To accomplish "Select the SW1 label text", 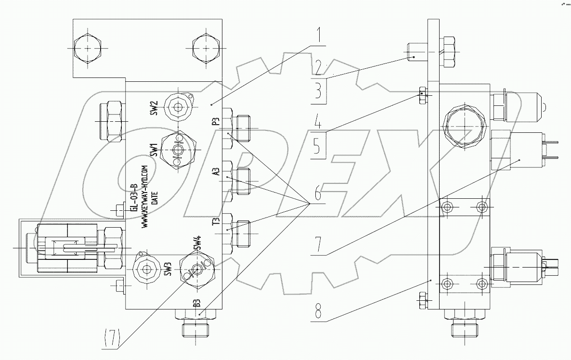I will [x=154, y=151].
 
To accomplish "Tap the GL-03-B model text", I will [x=134, y=197].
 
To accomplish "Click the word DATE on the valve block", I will [x=155, y=197].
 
